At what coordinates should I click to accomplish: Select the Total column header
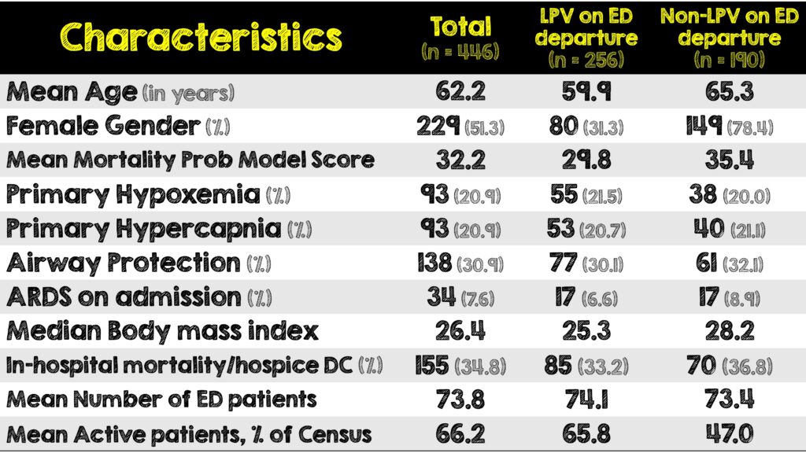coord(460,37)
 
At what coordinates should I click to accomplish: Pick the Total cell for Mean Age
coord(460,92)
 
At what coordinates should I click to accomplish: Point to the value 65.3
coord(729,92)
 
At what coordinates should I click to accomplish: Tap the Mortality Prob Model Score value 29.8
coord(585,160)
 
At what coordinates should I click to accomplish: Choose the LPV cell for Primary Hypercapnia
coord(585,229)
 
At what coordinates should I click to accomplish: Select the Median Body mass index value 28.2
coord(729,331)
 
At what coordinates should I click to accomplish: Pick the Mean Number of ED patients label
coord(161,400)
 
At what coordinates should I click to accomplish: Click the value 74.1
coord(585,400)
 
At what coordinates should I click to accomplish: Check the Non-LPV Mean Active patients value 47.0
coord(729,433)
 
